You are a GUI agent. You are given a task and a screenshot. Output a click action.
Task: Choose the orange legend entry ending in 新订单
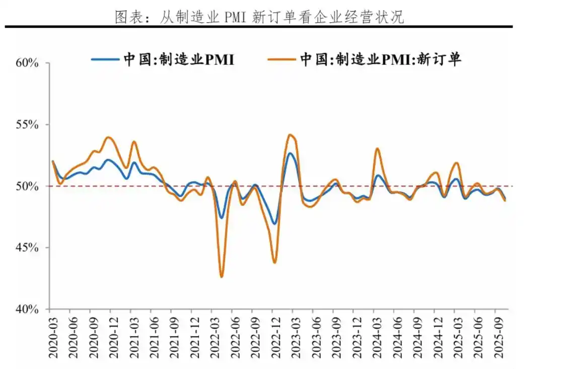coord(365,59)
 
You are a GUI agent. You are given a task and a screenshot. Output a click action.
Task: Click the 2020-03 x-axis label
coord(53,338)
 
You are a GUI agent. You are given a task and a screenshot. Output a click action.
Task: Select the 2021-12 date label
coord(192,338)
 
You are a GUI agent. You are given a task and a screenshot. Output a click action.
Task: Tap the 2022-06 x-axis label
coord(234,338)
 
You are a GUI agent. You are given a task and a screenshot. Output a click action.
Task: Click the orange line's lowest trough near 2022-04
coord(221,277)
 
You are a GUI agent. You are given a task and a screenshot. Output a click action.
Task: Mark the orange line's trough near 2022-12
coord(274,262)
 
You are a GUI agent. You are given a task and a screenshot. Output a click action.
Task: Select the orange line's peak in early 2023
coord(290,135)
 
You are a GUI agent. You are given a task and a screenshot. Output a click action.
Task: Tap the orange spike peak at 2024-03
coord(377,149)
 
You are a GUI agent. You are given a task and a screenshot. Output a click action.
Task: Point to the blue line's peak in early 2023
coord(290,153)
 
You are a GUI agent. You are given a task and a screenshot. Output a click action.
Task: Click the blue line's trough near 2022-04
coord(221,218)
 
